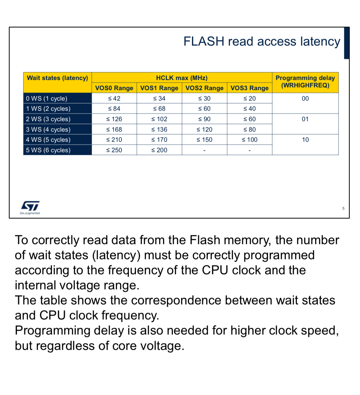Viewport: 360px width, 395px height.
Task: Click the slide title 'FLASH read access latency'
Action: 262,41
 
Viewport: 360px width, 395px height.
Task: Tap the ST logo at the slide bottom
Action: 30,206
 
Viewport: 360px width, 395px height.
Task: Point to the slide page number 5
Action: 343,208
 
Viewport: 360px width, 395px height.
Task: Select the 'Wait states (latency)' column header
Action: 58,78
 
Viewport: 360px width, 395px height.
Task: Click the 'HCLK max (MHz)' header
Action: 182,78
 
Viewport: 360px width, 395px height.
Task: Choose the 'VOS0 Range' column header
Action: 114,88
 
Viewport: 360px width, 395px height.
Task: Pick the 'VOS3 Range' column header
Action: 250,88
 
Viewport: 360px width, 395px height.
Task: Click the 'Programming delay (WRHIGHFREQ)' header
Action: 305,82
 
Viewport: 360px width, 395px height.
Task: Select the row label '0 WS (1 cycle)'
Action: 46,99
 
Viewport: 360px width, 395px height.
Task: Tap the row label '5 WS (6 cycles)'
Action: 48,150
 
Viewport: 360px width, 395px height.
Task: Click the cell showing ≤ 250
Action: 114,150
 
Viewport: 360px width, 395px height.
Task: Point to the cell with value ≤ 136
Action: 159,130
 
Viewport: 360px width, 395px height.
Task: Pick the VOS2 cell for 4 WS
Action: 204,140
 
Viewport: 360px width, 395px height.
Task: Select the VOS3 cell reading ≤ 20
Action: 250,99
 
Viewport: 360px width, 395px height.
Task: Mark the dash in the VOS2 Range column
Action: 204,151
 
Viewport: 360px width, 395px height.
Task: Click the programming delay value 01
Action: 305,119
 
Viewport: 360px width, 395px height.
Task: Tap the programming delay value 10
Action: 305,140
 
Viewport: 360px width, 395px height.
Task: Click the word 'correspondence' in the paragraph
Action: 176,300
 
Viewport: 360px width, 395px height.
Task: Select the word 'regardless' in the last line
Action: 66,346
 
